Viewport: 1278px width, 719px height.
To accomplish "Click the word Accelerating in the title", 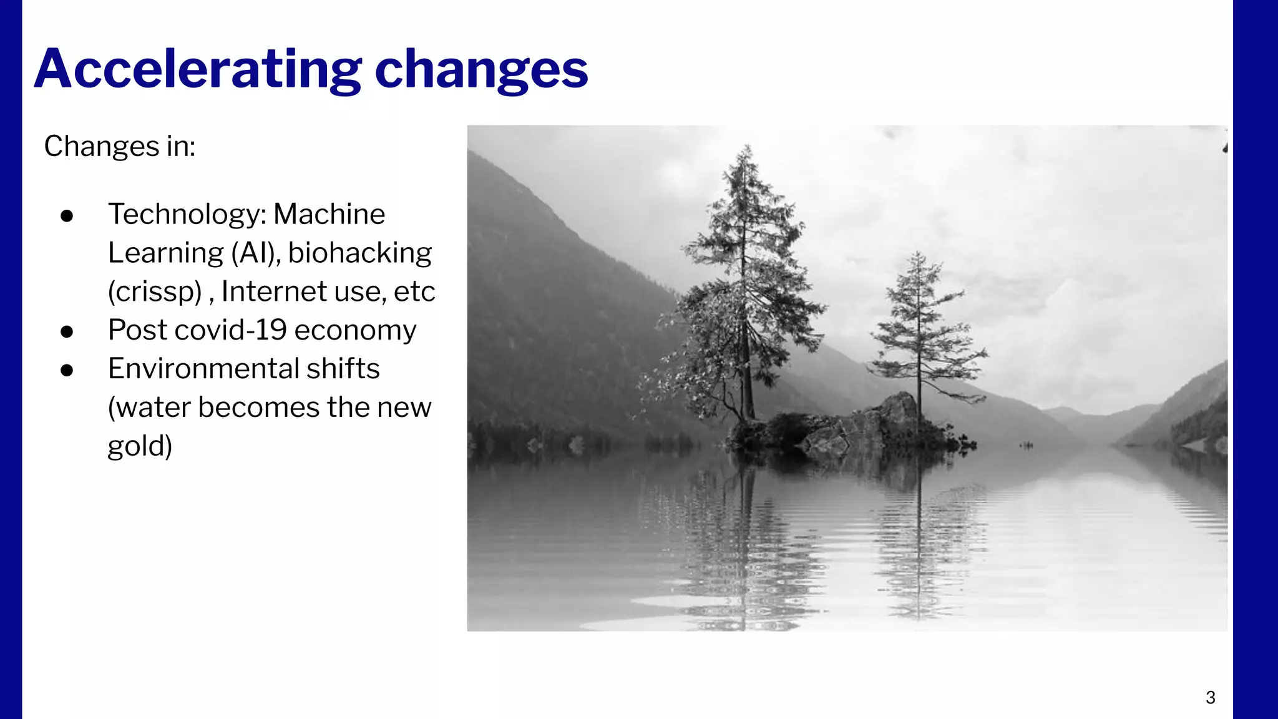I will tap(197, 69).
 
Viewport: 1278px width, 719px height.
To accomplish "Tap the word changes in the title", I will tap(481, 70).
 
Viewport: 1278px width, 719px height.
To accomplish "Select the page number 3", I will tap(1210, 697).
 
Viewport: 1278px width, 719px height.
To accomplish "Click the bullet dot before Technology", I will tap(67, 216).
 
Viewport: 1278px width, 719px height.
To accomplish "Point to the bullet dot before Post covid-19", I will tap(67, 331).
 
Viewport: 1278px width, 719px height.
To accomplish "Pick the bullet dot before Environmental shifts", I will tap(67, 370).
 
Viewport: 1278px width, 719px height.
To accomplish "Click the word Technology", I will tap(187, 215).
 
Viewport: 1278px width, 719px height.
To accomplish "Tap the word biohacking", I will tap(360, 253).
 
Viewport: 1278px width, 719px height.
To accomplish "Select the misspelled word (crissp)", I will tap(155, 291).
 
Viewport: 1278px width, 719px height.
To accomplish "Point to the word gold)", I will tap(140, 446).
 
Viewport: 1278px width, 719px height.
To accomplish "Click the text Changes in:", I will tap(120, 147).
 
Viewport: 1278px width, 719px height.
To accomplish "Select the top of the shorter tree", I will tap(918, 255).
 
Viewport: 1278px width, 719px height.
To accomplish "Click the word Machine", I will tap(329, 214).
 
